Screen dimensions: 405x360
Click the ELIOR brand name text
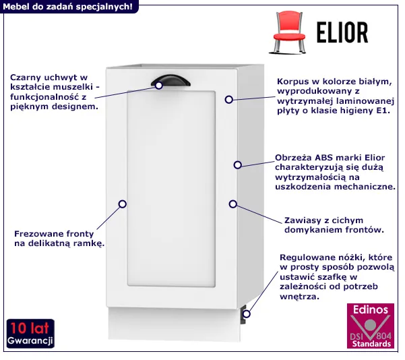coord(342,32)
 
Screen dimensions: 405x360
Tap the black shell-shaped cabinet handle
coord(170,80)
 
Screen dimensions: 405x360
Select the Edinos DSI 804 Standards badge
coord(371,326)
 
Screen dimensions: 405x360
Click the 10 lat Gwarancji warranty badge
coord(30,334)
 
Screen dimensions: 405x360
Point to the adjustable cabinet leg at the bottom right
coord(243,314)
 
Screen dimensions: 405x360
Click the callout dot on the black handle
coord(159,86)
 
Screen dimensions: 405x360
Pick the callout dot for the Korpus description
coord(229,100)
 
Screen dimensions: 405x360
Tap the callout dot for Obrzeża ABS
coord(238,165)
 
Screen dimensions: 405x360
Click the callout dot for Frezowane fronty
coord(123,204)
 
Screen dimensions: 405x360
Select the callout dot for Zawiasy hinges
coord(233,204)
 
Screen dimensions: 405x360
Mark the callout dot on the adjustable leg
coord(247,314)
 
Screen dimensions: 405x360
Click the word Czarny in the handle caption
coord(25,78)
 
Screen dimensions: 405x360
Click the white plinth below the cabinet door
coord(175,324)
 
